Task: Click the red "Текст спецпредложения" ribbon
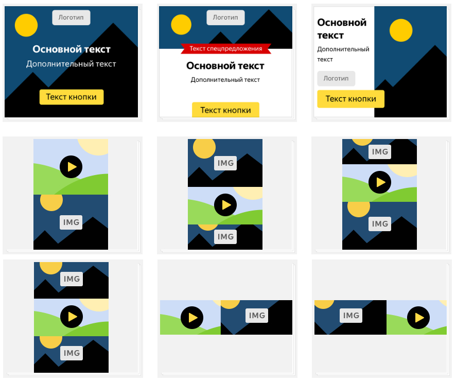tap(225, 48)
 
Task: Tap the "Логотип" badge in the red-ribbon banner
tap(225, 18)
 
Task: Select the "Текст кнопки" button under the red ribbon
tap(225, 110)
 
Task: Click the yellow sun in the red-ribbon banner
tap(181, 25)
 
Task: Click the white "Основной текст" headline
tap(72, 49)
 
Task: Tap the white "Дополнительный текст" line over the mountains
tap(71, 64)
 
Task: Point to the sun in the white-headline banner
tap(26, 25)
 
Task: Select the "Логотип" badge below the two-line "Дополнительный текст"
tap(336, 79)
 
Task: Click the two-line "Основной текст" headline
tap(342, 29)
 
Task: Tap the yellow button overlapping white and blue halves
tap(350, 99)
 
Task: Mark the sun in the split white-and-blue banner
tap(401, 30)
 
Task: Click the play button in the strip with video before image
tap(192, 318)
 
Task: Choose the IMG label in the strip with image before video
tap(351, 316)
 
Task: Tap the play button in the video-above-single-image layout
tap(71, 167)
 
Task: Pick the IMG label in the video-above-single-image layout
tap(71, 222)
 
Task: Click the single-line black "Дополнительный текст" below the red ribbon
tap(225, 80)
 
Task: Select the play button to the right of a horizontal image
tap(418, 318)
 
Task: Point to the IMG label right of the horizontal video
tap(257, 316)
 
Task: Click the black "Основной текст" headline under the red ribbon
tap(225, 66)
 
